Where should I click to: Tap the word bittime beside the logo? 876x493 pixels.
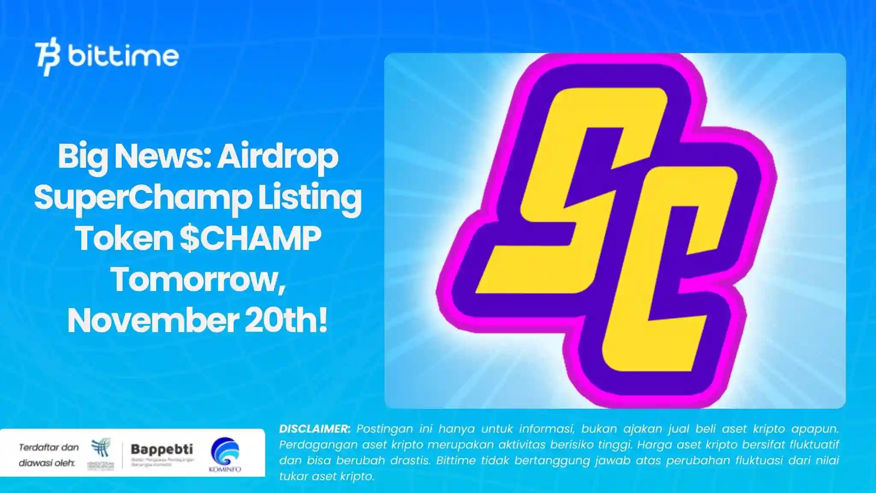pyautogui.click(x=123, y=56)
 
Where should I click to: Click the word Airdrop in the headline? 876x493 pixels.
pyautogui.click(x=278, y=157)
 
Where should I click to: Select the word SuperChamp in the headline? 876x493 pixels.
pyautogui.click(x=143, y=198)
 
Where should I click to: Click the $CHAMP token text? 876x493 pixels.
pyautogui.click(x=250, y=238)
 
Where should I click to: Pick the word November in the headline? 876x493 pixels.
pyautogui.click(x=153, y=321)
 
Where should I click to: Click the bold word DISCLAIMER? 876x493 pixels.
pyautogui.click(x=314, y=429)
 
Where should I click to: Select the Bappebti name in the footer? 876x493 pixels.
pyautogui.click(x=162, y=449)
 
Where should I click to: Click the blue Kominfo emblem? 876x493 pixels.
pyautogui.click(x=225, y=451)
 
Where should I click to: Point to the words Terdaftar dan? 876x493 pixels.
pyautogui.click(x=49, y=448)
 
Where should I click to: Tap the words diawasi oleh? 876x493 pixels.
pyautogui.click(x=47, y=463)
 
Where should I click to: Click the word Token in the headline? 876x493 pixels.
pyautogui.click(x=124, y=238)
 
